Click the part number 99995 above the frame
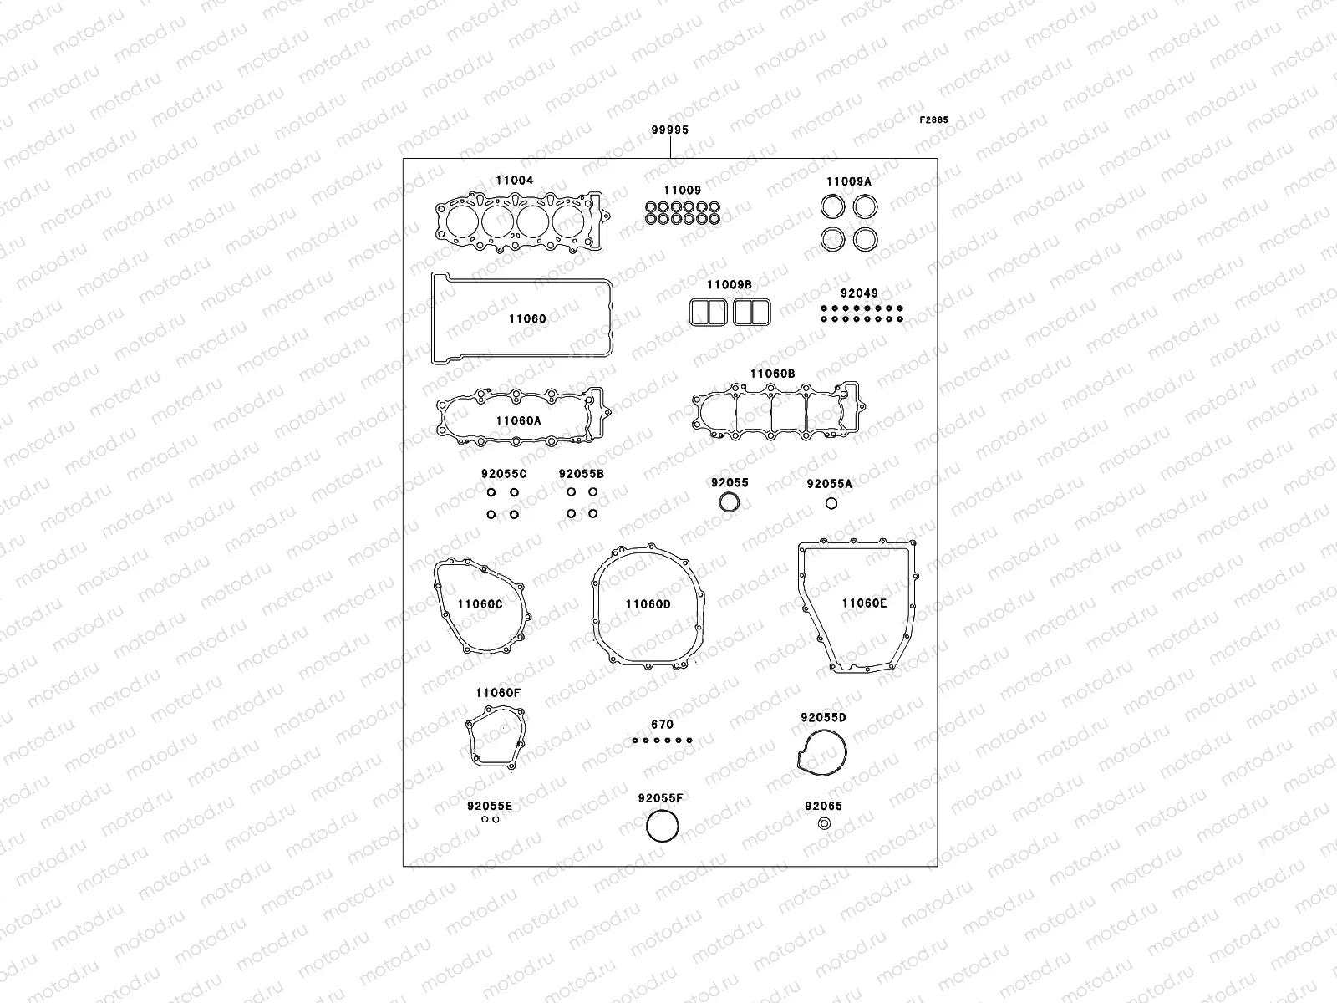(x=670, y=130)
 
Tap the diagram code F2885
(x=934, y=120)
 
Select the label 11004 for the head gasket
(x=514, y=181)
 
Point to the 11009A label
(x=848, y=181)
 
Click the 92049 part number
(x=859, y=294)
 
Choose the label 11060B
(x=772, y=374)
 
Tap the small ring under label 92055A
(x=831, y=503)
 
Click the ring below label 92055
(x=730, y=503)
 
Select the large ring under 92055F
(x=663, y=827)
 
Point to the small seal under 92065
(x=824, y=824)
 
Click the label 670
(x=662, y=725)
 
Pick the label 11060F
(x=498, y=693)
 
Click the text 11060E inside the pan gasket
(x=864, y=603)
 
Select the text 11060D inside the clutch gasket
(x=648, y=604)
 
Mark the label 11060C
(x=480, y=604)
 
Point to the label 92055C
(x=504, y=474)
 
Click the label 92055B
(x=582, y=474)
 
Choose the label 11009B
(x=730, y=285)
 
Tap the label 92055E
(x=490, y=806)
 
